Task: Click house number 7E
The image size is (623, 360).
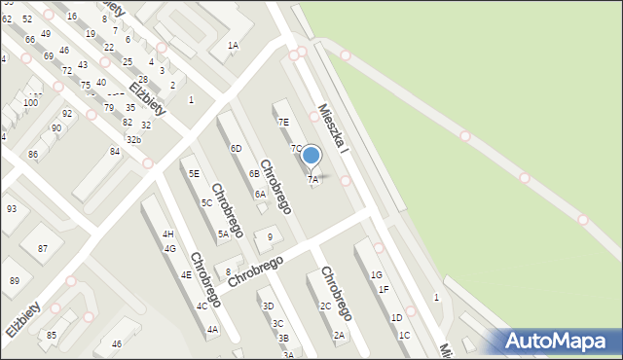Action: [283, 122]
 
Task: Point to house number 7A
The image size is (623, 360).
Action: [312, 179]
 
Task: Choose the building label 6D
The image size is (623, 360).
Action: [236, 148]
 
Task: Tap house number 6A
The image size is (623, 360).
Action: [260, 194]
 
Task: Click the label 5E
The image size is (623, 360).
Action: [195, 173]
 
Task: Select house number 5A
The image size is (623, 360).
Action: [223, 234]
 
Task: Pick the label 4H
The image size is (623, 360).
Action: [168, 234]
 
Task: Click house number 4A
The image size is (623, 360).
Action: [212, 330]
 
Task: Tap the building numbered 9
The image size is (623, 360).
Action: [270, 237]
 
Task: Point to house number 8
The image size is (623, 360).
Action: [228, 271]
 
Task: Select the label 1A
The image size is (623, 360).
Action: [233, 46]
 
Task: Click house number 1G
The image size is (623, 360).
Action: [376, 275]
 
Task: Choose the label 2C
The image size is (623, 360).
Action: [325, 306]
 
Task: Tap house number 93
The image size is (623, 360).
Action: [12, 208]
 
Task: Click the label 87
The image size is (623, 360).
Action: [43, 249]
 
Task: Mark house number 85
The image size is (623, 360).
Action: [52, 335]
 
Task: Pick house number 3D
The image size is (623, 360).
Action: [268, 306]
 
